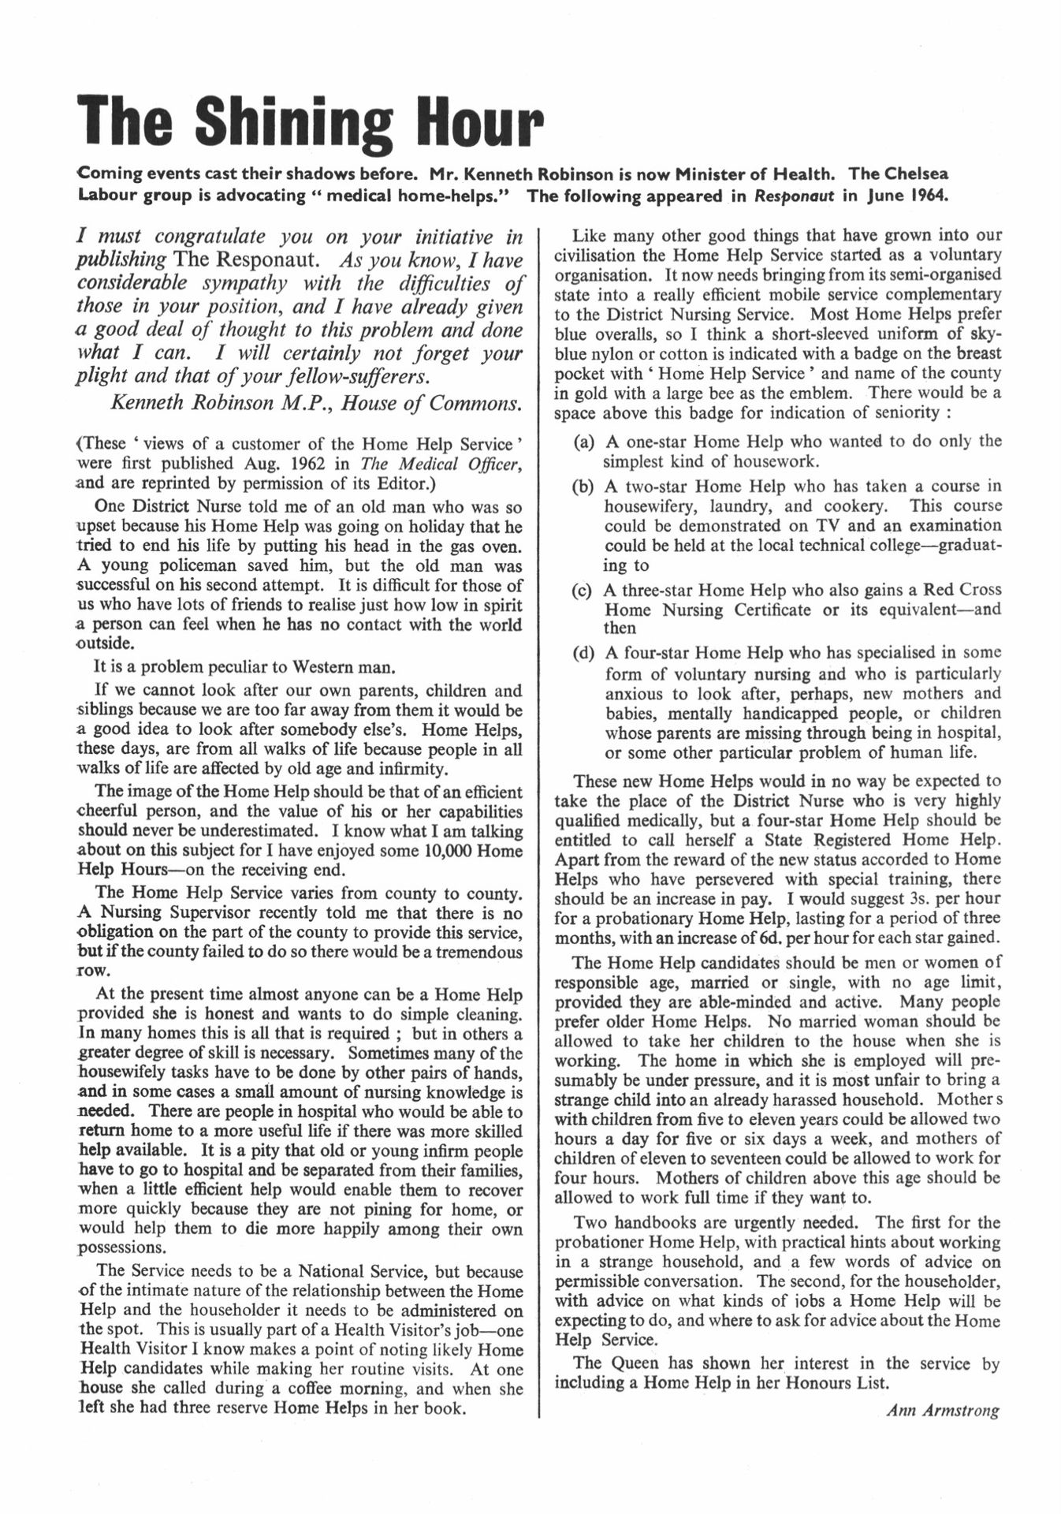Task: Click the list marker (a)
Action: coord(584,442)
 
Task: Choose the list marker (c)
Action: coord(584,590)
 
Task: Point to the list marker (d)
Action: coord(584,653)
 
